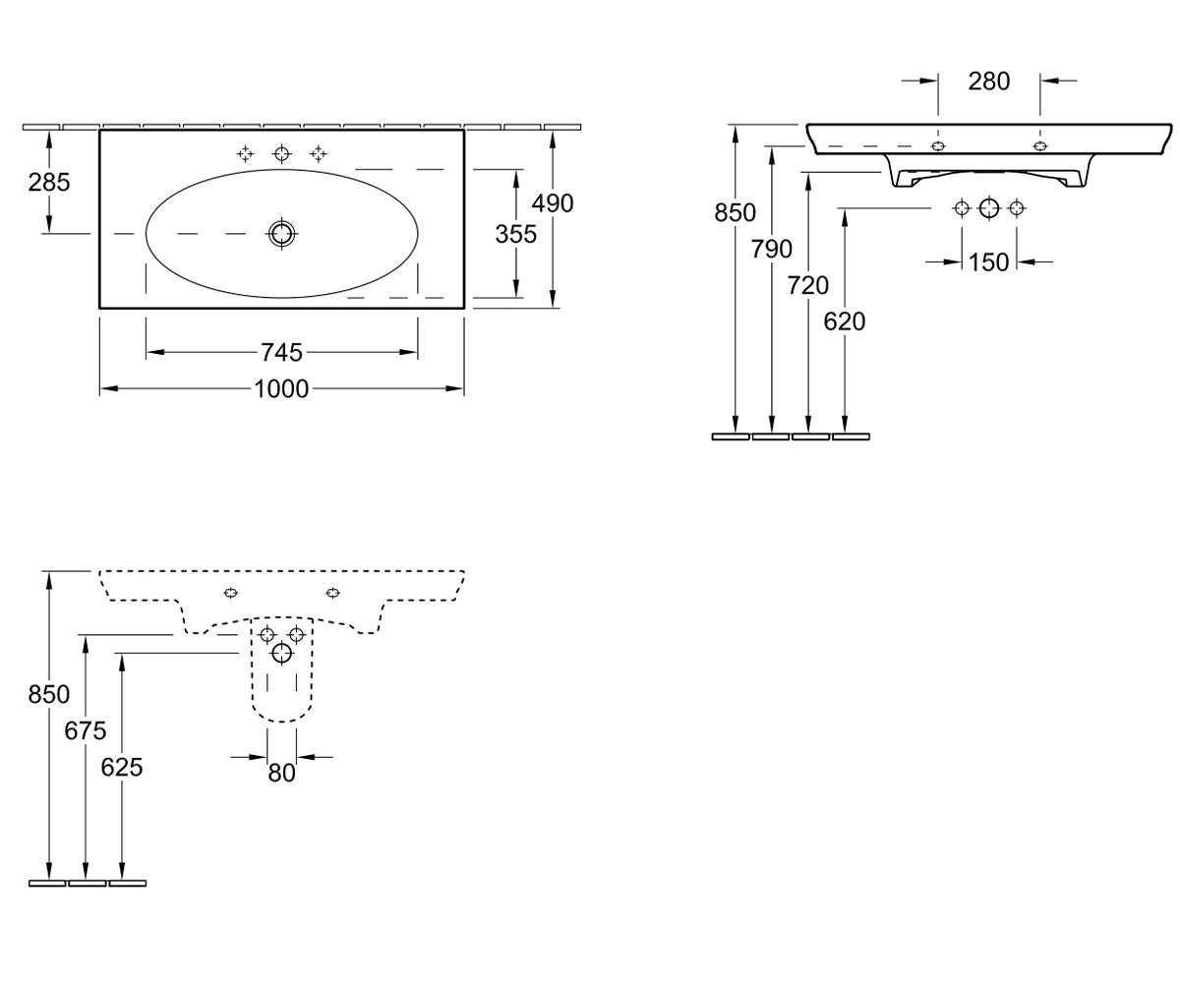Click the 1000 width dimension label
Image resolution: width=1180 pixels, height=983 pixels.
click(x=281, y=388)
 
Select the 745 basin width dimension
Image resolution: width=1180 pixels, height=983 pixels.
click(x=281, y=353)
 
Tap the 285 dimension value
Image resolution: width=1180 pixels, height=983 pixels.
click(x=49, y=182)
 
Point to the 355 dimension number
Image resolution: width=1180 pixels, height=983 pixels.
click(x=515, y=234)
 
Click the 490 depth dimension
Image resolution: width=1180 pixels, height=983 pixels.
click(x=552, y=203)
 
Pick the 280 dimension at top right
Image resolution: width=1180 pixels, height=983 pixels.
click(x=989, y=82)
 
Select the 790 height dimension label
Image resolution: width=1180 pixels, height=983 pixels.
click(x=771, y=249)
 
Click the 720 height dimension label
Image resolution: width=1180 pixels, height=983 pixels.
click(x=808, y=285)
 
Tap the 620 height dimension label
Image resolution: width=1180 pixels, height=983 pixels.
click(x=845, y=321)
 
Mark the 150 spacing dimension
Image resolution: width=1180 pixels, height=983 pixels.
click(x=989, y=262)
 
